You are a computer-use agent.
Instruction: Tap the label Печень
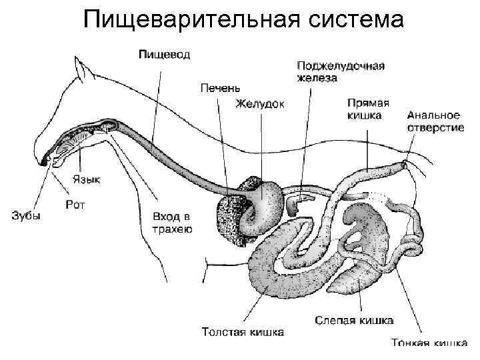(220, 87)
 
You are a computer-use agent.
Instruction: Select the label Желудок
(260, 103)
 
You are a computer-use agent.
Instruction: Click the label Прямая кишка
(369, 109)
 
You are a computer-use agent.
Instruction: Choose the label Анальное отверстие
(435, 121)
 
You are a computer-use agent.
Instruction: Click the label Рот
(75, 204)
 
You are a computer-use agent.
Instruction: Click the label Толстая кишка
(243, 331)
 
